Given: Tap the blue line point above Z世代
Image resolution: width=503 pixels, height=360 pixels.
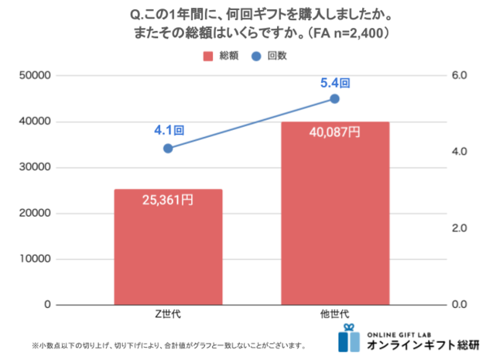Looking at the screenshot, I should tap(168, 148).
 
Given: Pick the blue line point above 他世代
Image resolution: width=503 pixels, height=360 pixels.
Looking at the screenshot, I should tap(334, 99).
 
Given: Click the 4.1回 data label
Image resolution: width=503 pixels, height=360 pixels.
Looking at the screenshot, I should tap(169, 130).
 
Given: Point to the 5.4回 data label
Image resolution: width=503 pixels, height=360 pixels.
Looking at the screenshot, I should tap(335, 81).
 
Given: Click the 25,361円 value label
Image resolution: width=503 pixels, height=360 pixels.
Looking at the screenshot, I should tap(168, 200).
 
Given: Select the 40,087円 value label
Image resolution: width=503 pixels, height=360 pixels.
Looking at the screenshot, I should tap(334, 132).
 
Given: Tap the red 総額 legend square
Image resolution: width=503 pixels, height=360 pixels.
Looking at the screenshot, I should tap(207, 57).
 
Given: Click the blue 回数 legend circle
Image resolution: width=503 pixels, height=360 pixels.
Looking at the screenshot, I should tap(256, 57).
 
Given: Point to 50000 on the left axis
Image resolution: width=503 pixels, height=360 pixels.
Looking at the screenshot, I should tap(35, 76).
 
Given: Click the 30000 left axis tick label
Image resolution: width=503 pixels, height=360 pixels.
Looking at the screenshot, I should tap(35, 167).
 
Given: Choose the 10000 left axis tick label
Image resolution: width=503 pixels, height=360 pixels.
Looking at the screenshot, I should tap(35, 259).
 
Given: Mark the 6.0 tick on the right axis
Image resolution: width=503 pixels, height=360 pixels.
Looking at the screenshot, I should tap(460, 76).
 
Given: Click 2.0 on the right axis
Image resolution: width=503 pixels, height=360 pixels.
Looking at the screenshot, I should tap(460, 228).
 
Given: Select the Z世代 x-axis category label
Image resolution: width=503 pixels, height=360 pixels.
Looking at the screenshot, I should tap(168, 315).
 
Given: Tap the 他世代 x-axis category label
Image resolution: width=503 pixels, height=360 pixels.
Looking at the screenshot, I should tap(334, 315).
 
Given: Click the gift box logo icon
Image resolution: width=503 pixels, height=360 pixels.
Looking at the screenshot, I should tap(350, 338).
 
